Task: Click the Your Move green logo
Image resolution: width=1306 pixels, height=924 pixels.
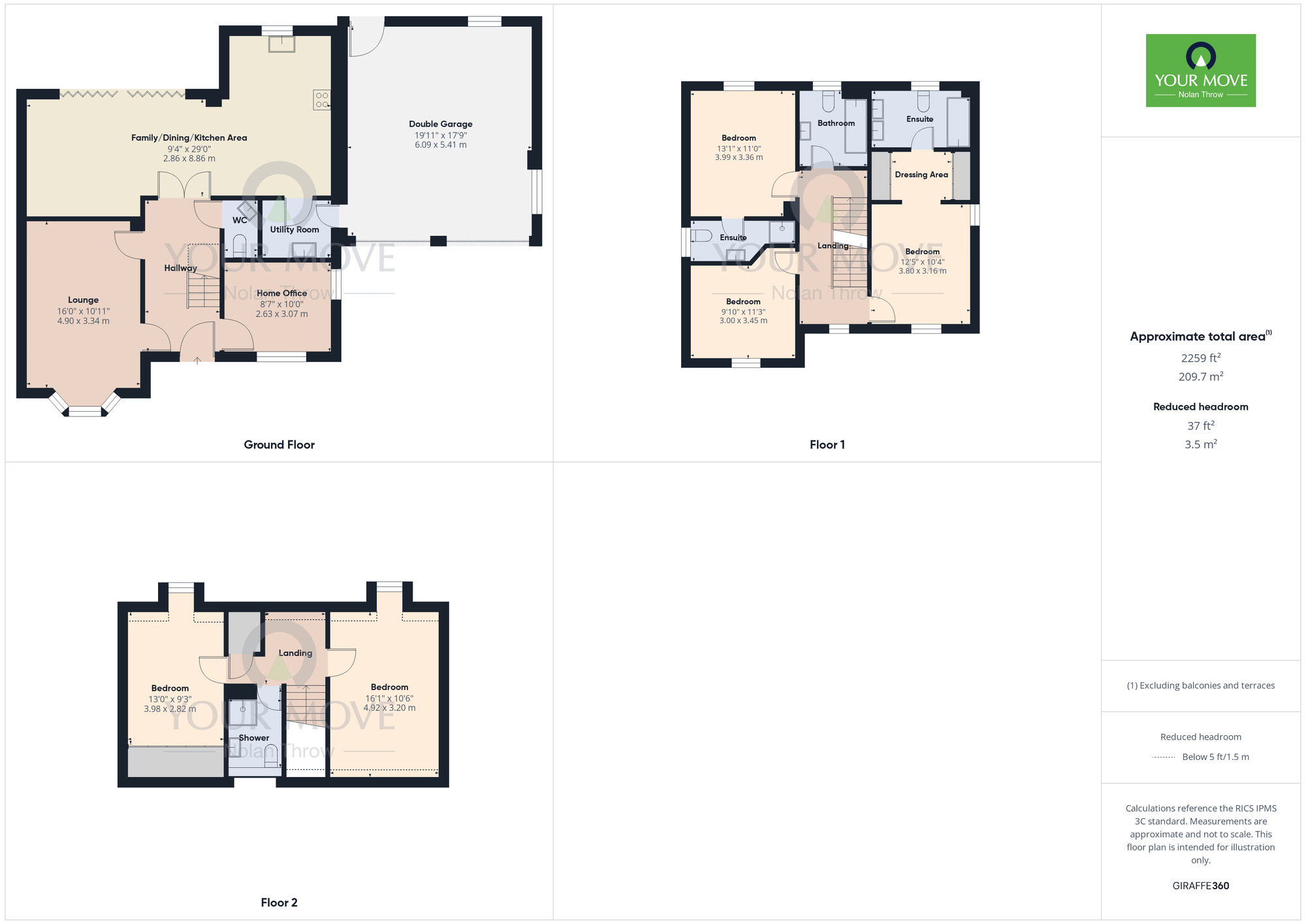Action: [x=1200, y=71]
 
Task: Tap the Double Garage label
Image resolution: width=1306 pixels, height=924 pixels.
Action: [x=441, y=124]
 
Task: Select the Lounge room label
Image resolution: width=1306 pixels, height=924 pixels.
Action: [x=84, y=300]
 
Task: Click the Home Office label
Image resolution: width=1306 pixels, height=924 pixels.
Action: [x=281, y=293]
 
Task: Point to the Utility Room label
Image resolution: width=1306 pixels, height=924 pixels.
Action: [x=295, y=229]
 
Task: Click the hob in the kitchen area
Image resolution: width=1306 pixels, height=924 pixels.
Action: [x=322, y=100]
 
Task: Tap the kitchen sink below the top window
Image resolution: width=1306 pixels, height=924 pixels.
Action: [x=281, y=44]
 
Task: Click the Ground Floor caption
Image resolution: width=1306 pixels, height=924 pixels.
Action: [x=279, y=444]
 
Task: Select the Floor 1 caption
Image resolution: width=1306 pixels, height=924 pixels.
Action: [x=827, y=444]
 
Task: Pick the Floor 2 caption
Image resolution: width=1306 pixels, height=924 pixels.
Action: [x=279, y=902]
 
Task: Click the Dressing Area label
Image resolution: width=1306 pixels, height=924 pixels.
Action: [x=921, y=174]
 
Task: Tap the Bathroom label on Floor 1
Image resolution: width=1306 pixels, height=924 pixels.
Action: [x=836, y=123]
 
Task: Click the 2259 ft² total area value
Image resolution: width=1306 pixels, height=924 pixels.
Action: [x=1200, y=358]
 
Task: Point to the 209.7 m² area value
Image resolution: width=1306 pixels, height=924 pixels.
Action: [x=1200, y=376]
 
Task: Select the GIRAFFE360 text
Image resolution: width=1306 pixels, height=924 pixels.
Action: [x=1200, y=886]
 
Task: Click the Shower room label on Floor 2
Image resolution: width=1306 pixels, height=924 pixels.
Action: [x=254, y=738]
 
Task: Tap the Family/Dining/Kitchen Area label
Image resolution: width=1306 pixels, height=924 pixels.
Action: [x=189, y=138]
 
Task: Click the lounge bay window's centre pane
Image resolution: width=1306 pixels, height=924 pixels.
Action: [x=85, y=411]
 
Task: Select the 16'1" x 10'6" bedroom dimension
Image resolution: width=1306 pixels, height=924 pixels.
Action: [x=389, y=698]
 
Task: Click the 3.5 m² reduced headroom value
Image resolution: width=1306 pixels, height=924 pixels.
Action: [x=1200, y=444]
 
